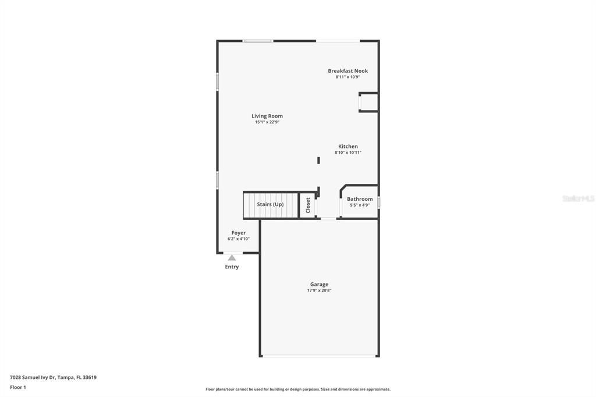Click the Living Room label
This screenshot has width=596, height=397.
pos(267,116)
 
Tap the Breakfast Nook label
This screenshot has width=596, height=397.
pos(347,71)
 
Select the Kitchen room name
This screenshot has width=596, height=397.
pos(348,147)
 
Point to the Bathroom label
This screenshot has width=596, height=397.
pos(360,199)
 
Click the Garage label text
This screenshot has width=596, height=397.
pos(319,284)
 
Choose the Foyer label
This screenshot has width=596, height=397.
pos(239,233)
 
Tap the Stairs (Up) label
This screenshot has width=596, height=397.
pos(270,204)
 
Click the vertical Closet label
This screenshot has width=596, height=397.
pos(308,205)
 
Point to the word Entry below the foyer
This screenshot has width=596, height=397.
pos(232,267)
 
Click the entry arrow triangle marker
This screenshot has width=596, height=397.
pos(232,257)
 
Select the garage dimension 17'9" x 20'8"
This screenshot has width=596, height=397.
pos(319,290)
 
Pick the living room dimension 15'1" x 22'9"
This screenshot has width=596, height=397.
pos(267,122)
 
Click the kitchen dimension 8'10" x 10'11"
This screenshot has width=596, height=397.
pos(348,153)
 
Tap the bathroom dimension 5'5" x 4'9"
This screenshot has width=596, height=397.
pos(360,205)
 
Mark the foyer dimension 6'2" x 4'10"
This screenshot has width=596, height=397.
pos(239,239)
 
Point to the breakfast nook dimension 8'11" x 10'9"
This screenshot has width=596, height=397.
pos(347,77)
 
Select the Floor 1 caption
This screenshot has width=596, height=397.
pos(18,387)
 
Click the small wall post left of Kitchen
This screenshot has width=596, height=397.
pos(318,160)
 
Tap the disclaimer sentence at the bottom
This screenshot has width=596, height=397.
pos(297,389)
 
